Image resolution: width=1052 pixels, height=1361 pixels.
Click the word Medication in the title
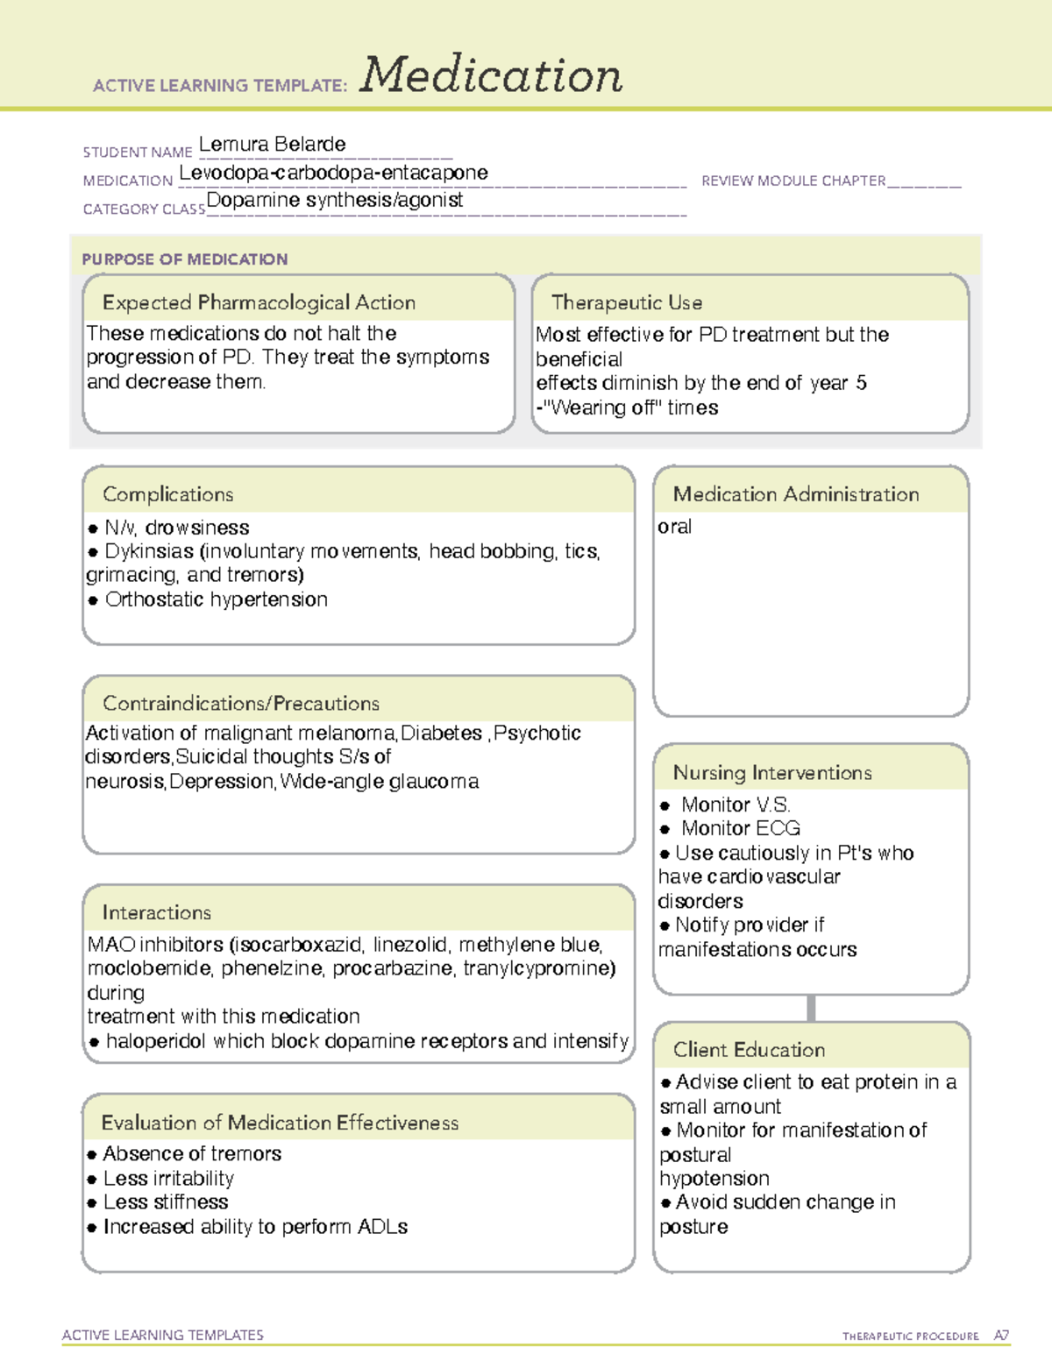[x=491, y=75]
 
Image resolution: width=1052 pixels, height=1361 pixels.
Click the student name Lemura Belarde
[x=272, y=144]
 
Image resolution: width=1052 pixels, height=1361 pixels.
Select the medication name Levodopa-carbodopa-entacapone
[x=333, y=173]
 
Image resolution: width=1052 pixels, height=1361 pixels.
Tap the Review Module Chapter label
[x=793, y=181]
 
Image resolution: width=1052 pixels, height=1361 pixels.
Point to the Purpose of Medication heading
[x=184, y=259]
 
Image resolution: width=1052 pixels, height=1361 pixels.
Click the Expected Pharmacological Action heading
[x=259, y=302]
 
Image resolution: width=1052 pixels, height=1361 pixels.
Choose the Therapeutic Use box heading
[x=627, y=302]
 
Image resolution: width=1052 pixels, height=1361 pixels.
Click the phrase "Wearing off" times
[x=630, y=408]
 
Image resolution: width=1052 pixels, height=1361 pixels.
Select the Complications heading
[x=167, y=494]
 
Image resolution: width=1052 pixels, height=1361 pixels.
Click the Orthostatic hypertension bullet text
[x=216, y=599]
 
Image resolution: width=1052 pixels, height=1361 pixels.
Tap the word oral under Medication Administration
[x=674, y=527]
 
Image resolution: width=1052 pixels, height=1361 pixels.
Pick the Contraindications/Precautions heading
[x=241, y=703]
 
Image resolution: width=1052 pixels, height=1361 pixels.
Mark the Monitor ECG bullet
[x=740, y=828]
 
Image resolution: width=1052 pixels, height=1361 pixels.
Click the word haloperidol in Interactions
[x=156, y=1041]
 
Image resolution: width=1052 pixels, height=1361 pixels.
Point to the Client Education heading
[x=749, y=1050]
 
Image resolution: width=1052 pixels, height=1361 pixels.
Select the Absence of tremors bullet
[x=192, y=1153]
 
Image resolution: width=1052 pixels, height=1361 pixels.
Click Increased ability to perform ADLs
[x=255, y=1227]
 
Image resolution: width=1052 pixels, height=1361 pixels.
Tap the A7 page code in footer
[x=1001, y=1336]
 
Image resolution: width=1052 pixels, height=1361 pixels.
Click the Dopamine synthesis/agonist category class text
[x=334, y=200]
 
